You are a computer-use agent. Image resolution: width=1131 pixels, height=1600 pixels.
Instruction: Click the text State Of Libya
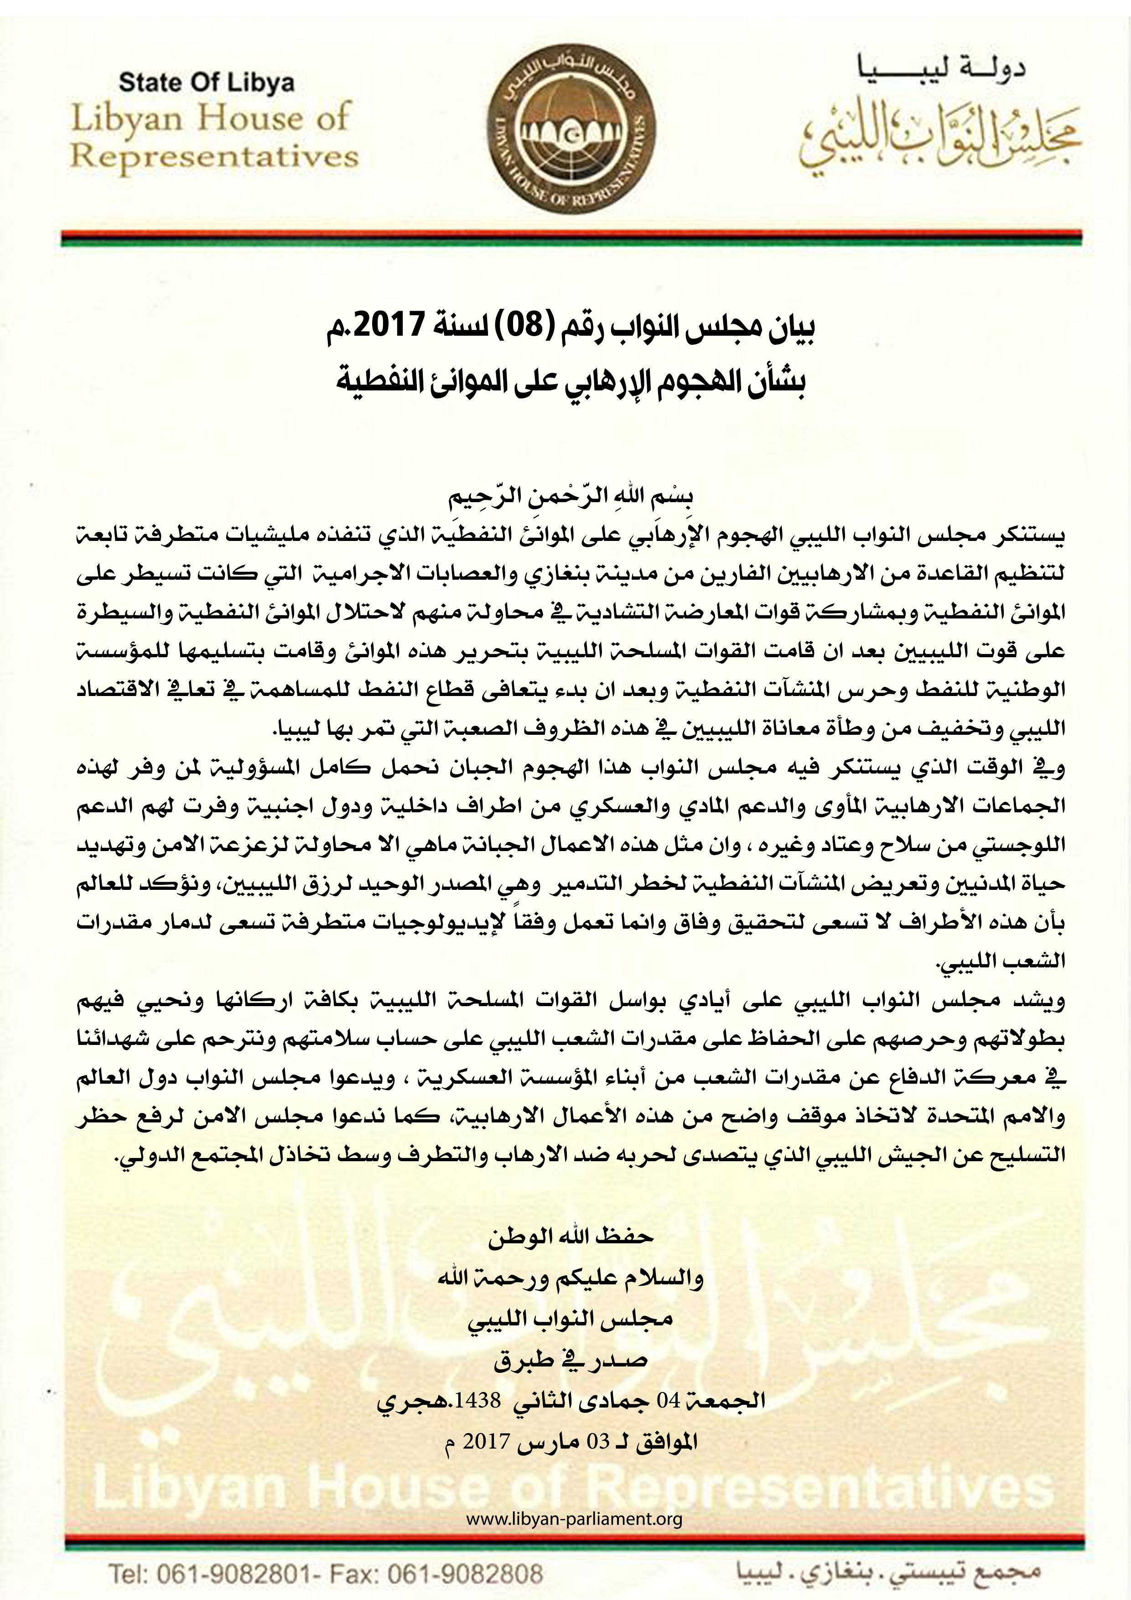click(x=207, y=83)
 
